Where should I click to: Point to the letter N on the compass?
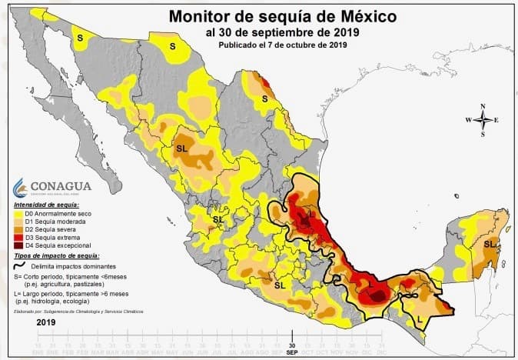483,106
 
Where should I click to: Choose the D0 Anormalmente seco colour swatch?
18,213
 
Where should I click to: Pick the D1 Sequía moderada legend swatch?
18,221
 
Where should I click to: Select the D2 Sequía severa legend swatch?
18,228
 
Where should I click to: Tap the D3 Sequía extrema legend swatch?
18,236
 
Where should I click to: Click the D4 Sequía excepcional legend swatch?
18,244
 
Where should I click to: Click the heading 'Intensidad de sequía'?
46,205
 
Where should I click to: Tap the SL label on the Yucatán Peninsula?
489,243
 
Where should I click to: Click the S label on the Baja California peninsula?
79,37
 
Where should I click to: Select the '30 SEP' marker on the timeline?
291,348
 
